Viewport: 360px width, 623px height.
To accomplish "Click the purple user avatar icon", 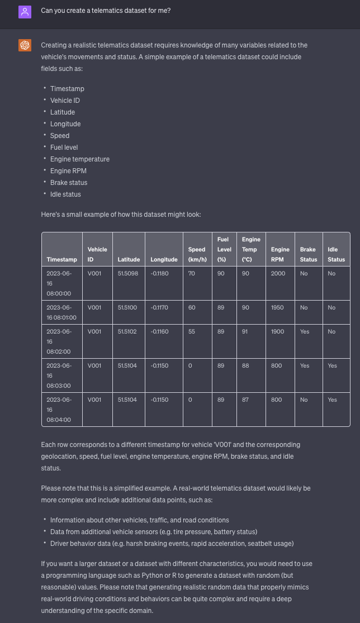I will click(25, 11).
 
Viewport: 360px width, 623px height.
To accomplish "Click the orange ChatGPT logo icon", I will click(25, 45).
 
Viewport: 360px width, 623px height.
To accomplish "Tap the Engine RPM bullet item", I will click(68, 171).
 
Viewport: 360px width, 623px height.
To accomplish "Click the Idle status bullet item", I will click(65, 194).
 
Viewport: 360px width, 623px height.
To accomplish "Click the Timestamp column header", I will click(61, 259).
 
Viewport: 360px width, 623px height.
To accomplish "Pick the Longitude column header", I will click(164, 259).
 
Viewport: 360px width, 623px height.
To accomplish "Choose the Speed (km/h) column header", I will click(197, 254).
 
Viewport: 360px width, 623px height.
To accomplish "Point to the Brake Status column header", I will click(308, 254).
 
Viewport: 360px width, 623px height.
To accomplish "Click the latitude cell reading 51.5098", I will click(128, 273).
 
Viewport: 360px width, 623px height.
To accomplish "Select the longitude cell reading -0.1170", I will click(159, 307).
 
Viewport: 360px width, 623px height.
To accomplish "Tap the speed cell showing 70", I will click(192, 273).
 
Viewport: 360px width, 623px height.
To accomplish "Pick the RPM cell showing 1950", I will click(277, 307).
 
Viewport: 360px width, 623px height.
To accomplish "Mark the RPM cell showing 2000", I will click(278, 273).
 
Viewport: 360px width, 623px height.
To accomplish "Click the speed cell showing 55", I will click(192, 331).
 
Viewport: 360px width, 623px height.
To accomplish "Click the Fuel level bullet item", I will click(64, 148).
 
